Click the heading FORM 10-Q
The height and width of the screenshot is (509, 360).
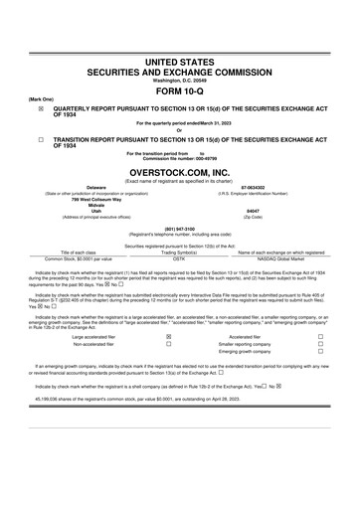179,90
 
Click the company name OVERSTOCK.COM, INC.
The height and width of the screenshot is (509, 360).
179,171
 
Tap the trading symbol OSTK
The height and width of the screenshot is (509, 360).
179,257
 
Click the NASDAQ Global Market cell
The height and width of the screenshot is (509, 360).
281,257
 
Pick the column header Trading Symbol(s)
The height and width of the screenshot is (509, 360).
179,252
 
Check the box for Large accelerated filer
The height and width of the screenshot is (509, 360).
169,309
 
